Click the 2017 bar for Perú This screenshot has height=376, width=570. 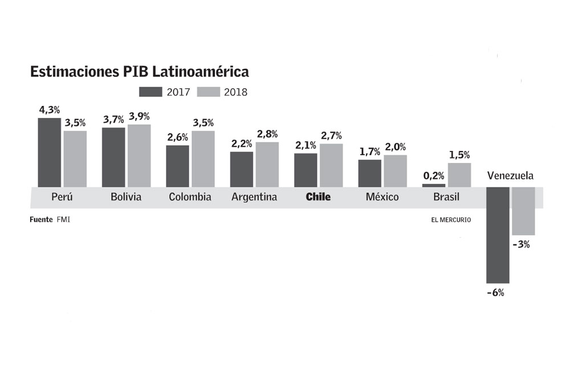click(x=49, y=152)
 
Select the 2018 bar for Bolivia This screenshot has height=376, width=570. click(x=139, y=156)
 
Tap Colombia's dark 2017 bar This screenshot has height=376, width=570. click(x=177, y=166)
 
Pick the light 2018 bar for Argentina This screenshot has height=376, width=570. click(x=267, y=164)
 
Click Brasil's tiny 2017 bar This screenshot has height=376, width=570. click(x=433, y=185)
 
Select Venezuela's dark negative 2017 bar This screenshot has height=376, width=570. click(x=498, y=235)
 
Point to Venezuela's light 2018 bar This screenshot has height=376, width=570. click(x=523, y=211)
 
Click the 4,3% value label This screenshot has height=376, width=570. click(x=50, y=109)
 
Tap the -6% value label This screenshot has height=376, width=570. click(x=496, y=293)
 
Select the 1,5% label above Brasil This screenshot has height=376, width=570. click(x=459, y=155)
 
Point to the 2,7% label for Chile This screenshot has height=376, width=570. click(x=331, y=136)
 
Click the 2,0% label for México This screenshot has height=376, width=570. click(x=394, y=147)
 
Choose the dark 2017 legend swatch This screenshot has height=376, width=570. click(x=151, y=92)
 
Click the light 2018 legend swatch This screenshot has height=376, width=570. click(x=209, y=92)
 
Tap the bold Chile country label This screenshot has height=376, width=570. click(x=318, y=197)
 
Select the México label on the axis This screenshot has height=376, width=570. click(x=382, y=197)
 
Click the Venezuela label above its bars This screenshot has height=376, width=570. click(x=510, y=175)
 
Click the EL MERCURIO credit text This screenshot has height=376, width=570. click(x=451, y=219)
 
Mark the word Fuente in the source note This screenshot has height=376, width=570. click(x=41, y=219)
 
